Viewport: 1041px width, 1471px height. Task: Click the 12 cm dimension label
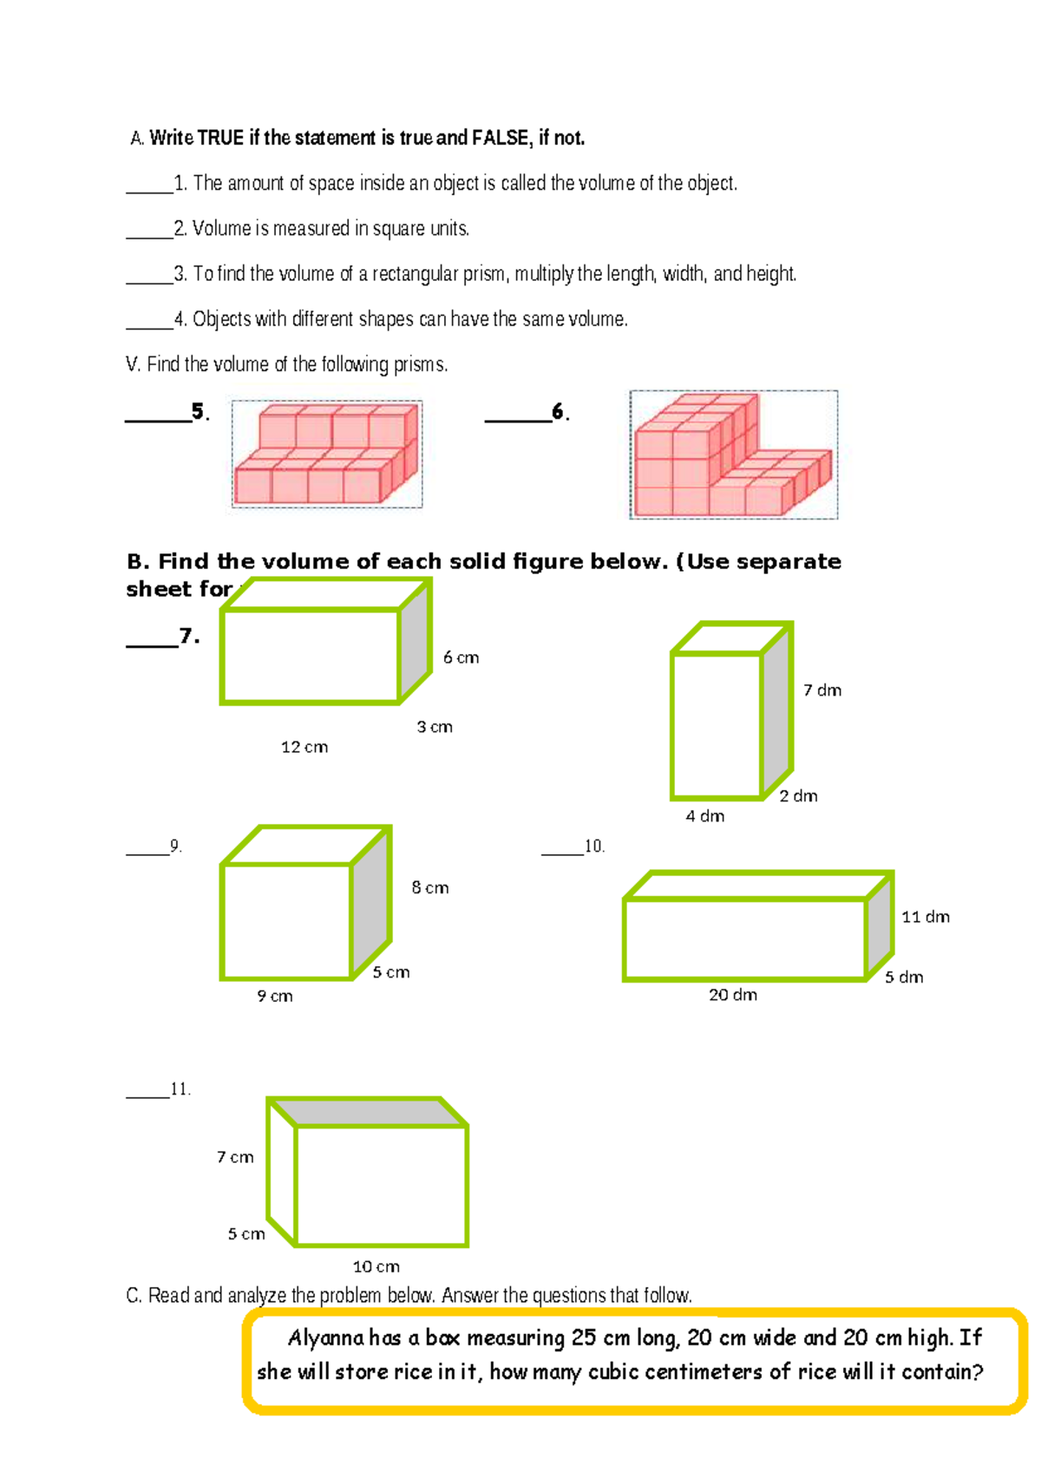click(x=304, y=747)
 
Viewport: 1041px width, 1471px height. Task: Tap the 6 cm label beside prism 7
click(x=461, y=657)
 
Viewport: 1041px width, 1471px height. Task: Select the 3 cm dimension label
click(x=434, y=727)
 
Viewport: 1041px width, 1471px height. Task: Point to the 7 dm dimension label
click(x=822, y=690)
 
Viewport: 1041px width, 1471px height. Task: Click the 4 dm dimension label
click(x=704, y=816)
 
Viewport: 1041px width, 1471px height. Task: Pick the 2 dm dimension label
click(x=797, y=796)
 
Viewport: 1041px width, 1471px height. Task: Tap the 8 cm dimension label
click(x=429, y=887)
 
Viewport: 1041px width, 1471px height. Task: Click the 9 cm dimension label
click(x=274, y=997)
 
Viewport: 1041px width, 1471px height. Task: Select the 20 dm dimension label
click(x=732, y=995)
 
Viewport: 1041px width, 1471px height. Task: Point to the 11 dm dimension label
click(x=925, y=917)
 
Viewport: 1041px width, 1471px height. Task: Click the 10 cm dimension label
click(x=376, y=1266)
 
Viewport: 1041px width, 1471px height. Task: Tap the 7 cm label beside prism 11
click(x=235, y=1157)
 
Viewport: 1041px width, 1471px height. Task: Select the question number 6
click(x=560, y=412)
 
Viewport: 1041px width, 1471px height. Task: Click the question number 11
click(x=180, y=1089)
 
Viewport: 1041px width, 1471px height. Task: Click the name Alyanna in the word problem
click(x=325, y=1337)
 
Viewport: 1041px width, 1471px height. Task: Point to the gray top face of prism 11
click(x=369, y=1112)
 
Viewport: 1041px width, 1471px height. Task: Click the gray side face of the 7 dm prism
click(x=776, y=707)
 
